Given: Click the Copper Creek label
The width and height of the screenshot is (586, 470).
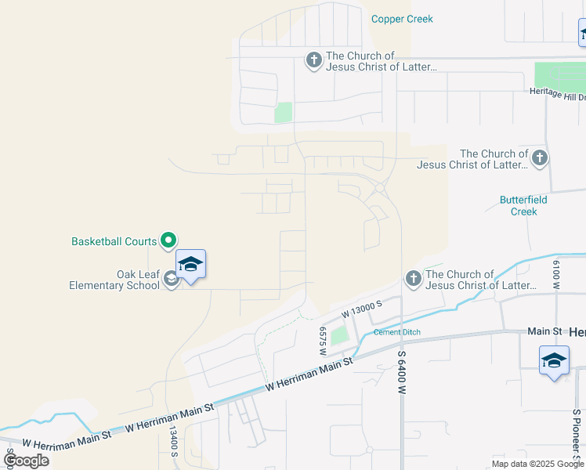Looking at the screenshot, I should [402, 19].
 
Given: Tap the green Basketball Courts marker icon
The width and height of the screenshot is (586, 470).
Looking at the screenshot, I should [168, 240].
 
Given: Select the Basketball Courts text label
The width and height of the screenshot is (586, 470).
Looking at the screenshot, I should [114, 241].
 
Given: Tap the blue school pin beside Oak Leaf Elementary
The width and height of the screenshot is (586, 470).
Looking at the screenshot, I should [191, 265].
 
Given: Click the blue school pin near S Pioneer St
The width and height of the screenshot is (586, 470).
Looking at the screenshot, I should [554, 362].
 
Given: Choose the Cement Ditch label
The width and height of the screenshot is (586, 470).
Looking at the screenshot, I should [396, 332].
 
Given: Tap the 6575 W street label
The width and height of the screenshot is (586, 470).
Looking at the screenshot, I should [322, 342].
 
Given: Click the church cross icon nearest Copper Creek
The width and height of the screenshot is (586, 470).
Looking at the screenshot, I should [313, 60].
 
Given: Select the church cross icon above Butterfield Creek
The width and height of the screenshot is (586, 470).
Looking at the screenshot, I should [539, 159].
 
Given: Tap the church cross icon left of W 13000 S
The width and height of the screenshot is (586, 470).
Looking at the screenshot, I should [413, 279].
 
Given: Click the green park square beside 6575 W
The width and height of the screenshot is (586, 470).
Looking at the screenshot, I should [338, 336].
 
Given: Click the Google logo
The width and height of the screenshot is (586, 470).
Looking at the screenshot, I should [26, 460].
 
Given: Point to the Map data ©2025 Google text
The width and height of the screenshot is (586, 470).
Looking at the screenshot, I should [537, 464].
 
